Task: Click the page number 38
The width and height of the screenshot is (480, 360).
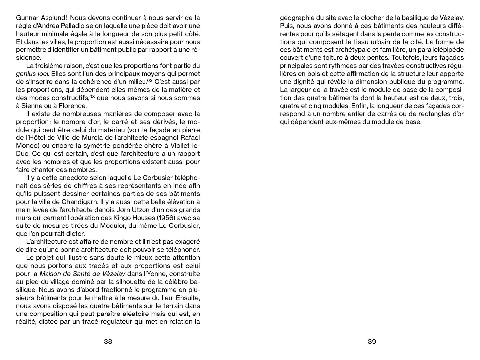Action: pos(108,342)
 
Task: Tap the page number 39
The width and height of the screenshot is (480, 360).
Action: pos(372,342)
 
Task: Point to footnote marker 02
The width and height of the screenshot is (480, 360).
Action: pos(150,81)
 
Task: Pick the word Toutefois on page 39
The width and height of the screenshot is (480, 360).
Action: pos(393,58)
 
